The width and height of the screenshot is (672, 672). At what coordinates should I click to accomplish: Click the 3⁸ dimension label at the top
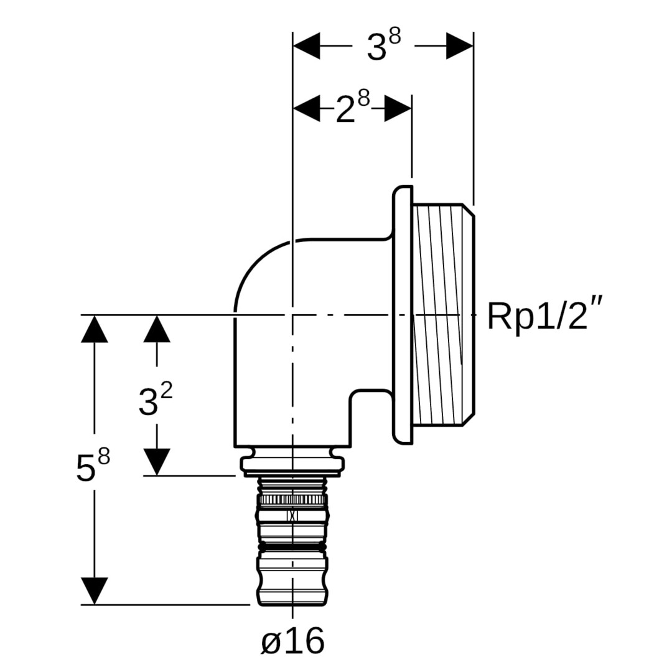click(383, 45)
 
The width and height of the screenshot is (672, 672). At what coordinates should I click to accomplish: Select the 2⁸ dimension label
click(352, 108)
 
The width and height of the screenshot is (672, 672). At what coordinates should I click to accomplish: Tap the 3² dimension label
click(155, 399)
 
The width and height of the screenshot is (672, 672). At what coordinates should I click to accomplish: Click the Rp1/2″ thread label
click(545, 316)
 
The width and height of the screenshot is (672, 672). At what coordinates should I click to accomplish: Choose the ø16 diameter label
click(292, 641)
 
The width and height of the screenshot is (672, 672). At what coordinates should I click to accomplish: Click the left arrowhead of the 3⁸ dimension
click(306, 45)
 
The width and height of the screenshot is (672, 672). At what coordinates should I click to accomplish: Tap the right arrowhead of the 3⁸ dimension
click(459, 45)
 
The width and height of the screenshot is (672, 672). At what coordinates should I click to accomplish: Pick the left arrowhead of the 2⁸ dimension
click(306, 108)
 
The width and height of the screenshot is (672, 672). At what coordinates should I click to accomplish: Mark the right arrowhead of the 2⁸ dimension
click(398, 108)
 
